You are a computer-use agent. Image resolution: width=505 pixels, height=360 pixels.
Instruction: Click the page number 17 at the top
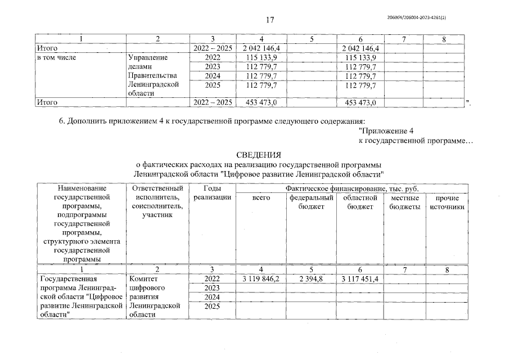click(x=269, y=20)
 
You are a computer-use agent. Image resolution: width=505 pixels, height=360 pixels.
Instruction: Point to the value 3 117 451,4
click(x=360, y=279)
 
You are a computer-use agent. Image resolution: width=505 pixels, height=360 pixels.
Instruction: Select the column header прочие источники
click(x=447, y=202)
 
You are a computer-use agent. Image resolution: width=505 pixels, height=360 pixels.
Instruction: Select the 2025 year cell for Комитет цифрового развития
click(x=212, y=306)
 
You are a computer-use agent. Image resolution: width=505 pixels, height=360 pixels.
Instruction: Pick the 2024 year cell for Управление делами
click(x=212, y=75)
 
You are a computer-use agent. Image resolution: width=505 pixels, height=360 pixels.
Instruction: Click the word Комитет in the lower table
click(x=143, y=279)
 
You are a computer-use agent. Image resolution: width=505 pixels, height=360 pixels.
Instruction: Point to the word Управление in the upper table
click(x=148, y=57)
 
